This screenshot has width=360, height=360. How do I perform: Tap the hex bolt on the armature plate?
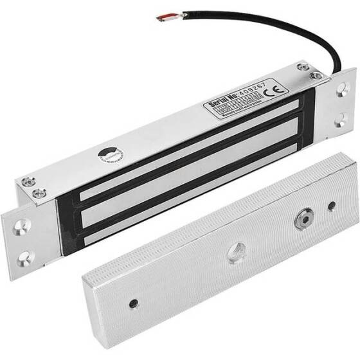301,218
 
